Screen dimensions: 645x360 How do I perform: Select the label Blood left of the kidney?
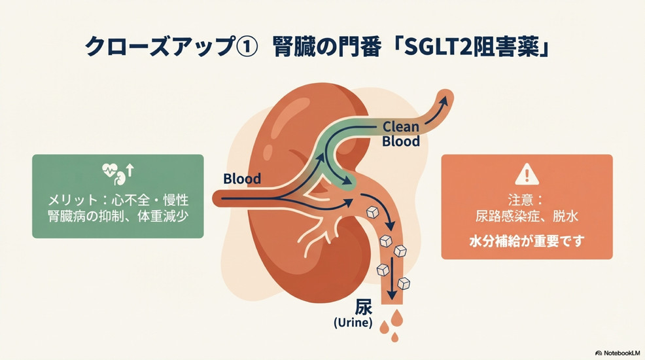(242, 179)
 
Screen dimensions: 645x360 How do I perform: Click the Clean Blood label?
(400, 134)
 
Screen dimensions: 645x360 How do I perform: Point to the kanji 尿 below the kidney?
(363, 307)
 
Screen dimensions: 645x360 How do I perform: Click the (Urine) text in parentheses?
(353, 323)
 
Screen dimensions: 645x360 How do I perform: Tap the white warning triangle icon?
(527, 174)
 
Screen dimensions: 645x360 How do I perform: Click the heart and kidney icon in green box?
(118, 173)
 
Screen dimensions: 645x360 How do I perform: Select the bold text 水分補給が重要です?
(527, 241)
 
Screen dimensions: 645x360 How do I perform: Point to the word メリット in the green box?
(73, 200)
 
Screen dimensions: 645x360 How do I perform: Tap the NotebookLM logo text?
(618, 353)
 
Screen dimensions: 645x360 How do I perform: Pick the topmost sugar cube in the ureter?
(372, 212)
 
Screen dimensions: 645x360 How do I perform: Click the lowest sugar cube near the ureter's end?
(404, 283)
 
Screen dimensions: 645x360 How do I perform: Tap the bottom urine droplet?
(395, 337)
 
